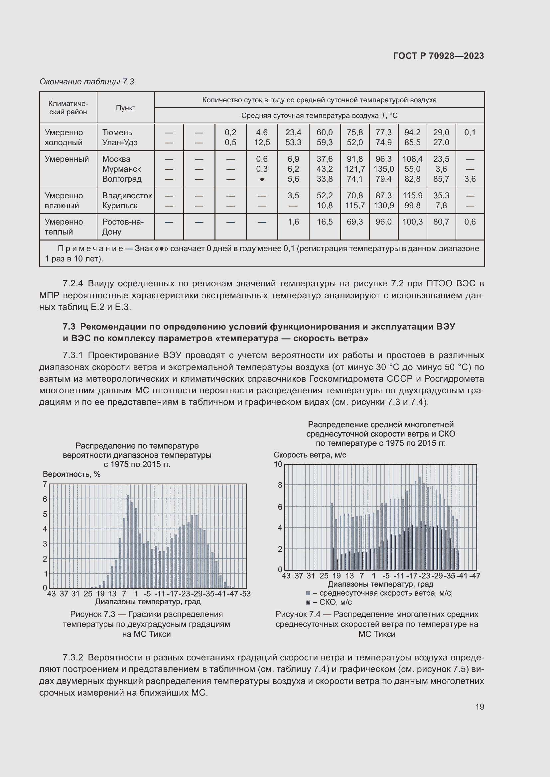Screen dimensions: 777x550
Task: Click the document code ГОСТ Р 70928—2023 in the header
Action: pos(438,56)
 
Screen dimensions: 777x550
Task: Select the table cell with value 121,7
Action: pos(354,169)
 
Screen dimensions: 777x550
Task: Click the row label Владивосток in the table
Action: pos(127,196)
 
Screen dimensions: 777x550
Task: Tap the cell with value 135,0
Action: pos(383,169)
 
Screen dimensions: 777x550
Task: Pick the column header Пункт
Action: pos(126,108)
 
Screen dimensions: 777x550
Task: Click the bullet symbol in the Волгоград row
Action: pos(262,179)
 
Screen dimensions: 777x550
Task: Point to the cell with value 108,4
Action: pos(412,159)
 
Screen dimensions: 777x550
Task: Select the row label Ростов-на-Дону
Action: pos(123,227)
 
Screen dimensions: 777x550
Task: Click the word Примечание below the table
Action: pos(90,248)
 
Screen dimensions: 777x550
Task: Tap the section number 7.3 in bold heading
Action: pos(69,327)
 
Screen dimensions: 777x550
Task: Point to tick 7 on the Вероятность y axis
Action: pos(45,484)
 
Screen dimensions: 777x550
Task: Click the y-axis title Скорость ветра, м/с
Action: pos(310,455)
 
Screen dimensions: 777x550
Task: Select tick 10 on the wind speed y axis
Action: pos(278,464)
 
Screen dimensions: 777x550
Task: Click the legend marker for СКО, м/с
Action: pos(308,602)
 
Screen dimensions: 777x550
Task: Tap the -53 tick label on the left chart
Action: pos(245,594)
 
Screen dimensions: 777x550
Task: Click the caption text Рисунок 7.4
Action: pos(297,614)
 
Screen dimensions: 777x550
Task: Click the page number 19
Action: pos(480,707)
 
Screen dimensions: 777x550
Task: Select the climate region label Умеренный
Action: pos(67,159)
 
